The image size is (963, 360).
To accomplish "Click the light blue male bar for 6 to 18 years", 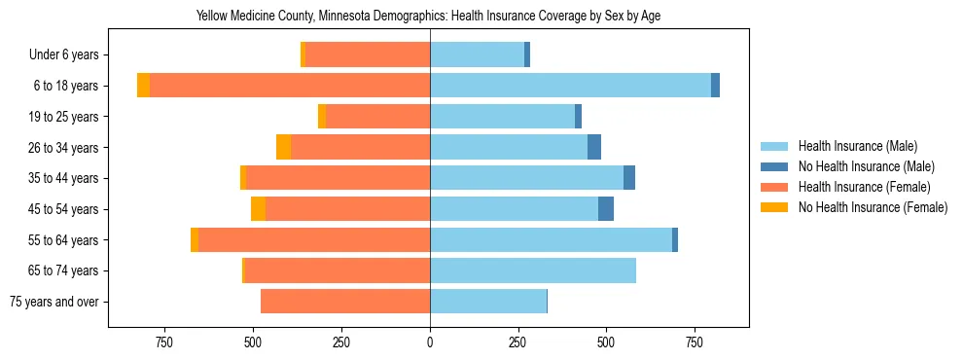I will click(x=570, y=86).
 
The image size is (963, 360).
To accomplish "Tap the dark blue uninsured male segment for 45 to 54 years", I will click(x=606, y=208).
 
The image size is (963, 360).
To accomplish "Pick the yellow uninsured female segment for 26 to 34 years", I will click(x=283, y=147).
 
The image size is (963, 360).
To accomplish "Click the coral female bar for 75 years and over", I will click(x=345, y=302).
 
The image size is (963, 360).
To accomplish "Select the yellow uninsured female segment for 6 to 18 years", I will click(x=143, y=86).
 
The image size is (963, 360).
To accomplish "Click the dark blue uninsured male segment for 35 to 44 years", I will click(x=629, y=178).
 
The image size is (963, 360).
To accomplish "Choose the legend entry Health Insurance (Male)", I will click(x=857, y=146).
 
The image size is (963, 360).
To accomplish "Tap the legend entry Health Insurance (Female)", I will click(x=864, y=187).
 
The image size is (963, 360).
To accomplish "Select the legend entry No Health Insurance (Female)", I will click(x=873, y=207).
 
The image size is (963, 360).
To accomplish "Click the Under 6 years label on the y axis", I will click(x=63, y=55).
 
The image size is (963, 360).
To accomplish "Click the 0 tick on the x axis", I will click(x=430, y=342).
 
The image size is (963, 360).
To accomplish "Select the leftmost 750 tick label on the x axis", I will click(x=163, y=342).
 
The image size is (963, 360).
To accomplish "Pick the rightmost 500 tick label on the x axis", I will click(x=606, y=342).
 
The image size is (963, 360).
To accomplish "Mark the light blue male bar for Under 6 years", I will click(x=477, y=54).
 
